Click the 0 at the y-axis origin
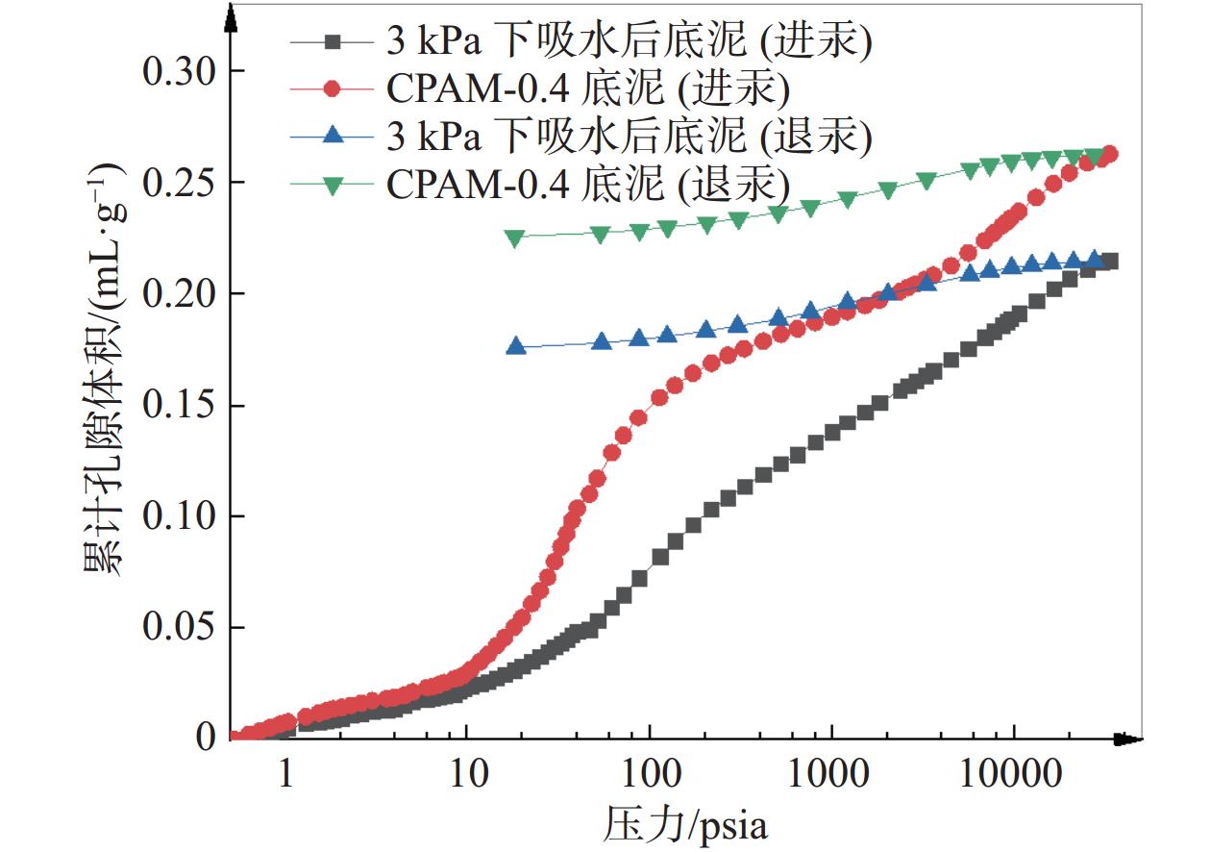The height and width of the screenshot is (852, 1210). coord(206,738)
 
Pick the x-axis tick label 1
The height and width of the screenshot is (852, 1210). coord(285,775)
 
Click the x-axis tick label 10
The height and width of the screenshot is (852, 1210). coord(466,775)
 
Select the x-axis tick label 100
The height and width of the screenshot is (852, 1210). coord(649,775)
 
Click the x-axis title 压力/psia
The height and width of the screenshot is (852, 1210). coord(686,824)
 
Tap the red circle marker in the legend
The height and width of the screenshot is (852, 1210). coord(332,89)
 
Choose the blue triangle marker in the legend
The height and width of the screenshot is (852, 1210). coord(332,137)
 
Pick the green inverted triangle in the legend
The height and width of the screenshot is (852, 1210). coord(332,184)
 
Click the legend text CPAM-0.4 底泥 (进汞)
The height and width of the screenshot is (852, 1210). coord(588,89)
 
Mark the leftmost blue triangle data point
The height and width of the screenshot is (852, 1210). coord(516,346)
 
